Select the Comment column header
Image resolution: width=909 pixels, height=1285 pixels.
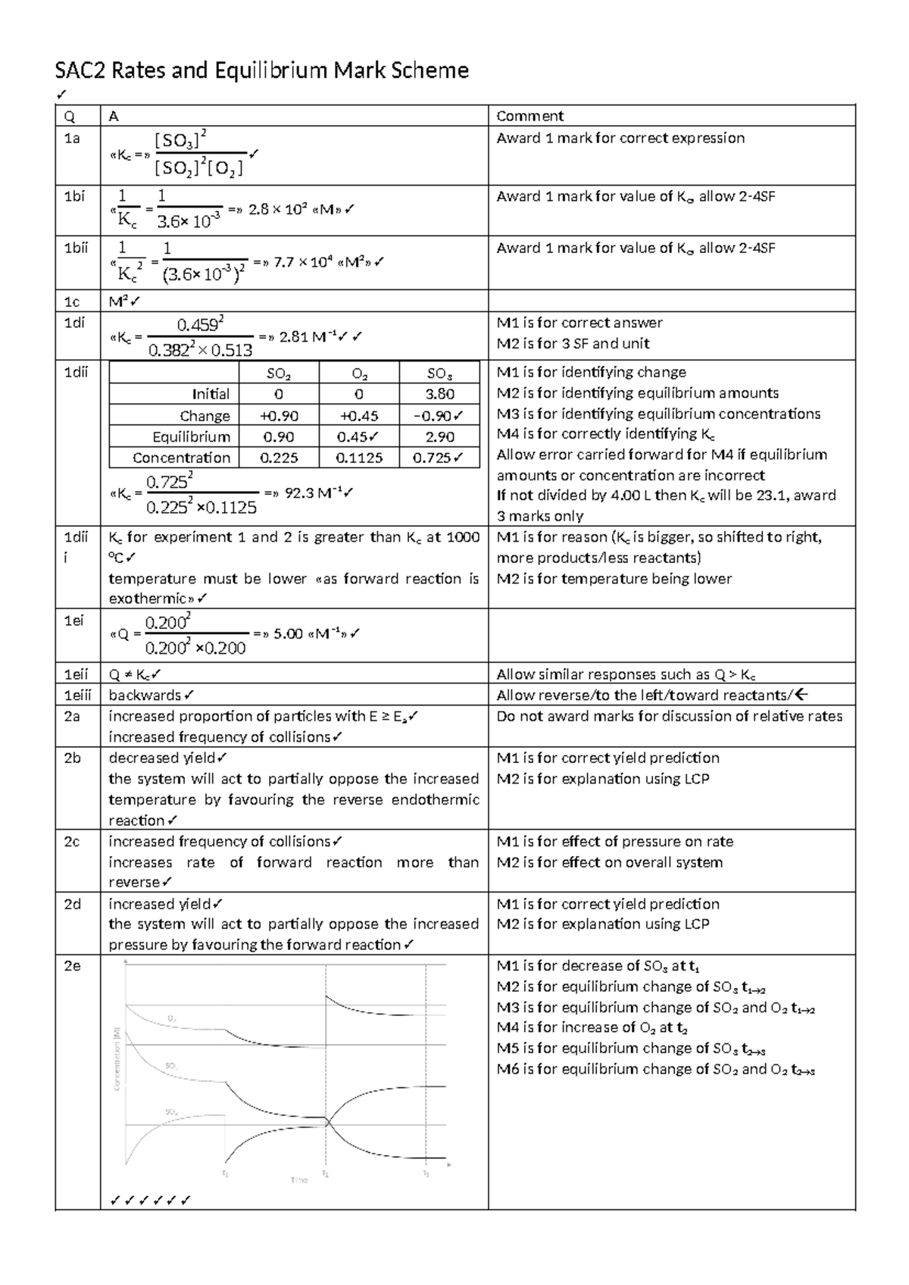pyautogui.click(x=529, y=116)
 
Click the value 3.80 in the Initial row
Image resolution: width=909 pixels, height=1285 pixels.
pyautogui.click(x=439, y=394)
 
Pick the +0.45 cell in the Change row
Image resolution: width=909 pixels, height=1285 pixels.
pyautogui.click(x=358, y=416)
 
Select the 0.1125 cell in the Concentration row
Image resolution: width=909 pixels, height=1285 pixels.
pyautogui.click(x=358, y=458)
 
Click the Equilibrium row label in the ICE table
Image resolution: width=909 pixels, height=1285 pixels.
pyautogui.click(x=191, y=437)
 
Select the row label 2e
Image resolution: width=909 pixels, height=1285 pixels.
pyautogui.click(x=72, y=966)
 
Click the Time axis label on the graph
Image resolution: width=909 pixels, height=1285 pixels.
pyautogui.click(x=299, y=1180)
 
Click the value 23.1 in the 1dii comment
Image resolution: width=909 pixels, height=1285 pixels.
pyautogui.click(x=767, y=496)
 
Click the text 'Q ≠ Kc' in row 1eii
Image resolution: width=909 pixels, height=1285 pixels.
pyautogui.click(x=130, y=674)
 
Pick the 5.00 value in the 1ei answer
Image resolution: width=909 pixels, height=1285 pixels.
pyautogui.click(x=288, y=633)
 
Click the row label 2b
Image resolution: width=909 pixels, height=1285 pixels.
pyautogui.click(x=73, y=758)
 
